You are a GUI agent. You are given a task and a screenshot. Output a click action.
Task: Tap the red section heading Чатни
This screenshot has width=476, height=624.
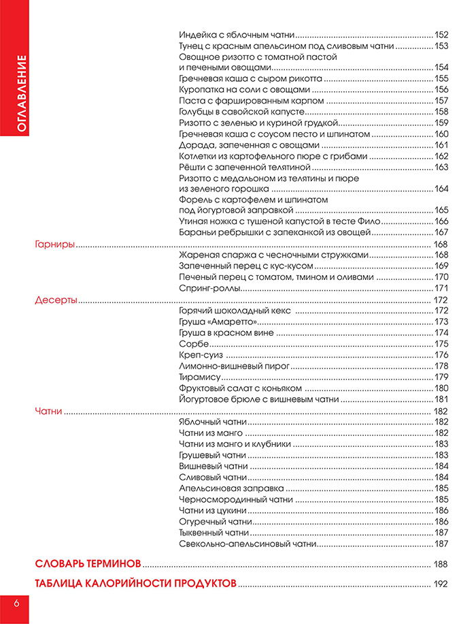[x=48, y=411]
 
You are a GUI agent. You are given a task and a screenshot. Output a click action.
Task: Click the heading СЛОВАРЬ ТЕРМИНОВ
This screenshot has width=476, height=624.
[x=88, y=564]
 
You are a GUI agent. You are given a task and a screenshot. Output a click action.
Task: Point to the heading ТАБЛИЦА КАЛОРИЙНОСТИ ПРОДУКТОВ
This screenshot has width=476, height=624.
[x=135, y=584]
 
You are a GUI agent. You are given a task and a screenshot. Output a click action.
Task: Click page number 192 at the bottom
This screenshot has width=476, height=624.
[x=441, y=584]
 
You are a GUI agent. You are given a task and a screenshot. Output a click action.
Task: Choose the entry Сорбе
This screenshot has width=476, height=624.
[x=192, y=344]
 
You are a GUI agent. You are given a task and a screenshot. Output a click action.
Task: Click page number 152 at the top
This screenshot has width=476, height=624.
[x=442, y=34]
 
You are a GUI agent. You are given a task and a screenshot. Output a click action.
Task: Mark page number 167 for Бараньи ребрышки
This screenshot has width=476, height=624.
[x=442, y=232]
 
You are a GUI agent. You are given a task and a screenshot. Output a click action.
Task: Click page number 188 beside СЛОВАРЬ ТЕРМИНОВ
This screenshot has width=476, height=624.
[x=441, y=565]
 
